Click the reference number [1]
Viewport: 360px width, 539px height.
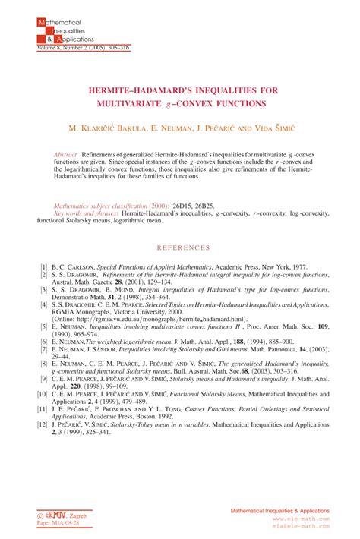43,267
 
